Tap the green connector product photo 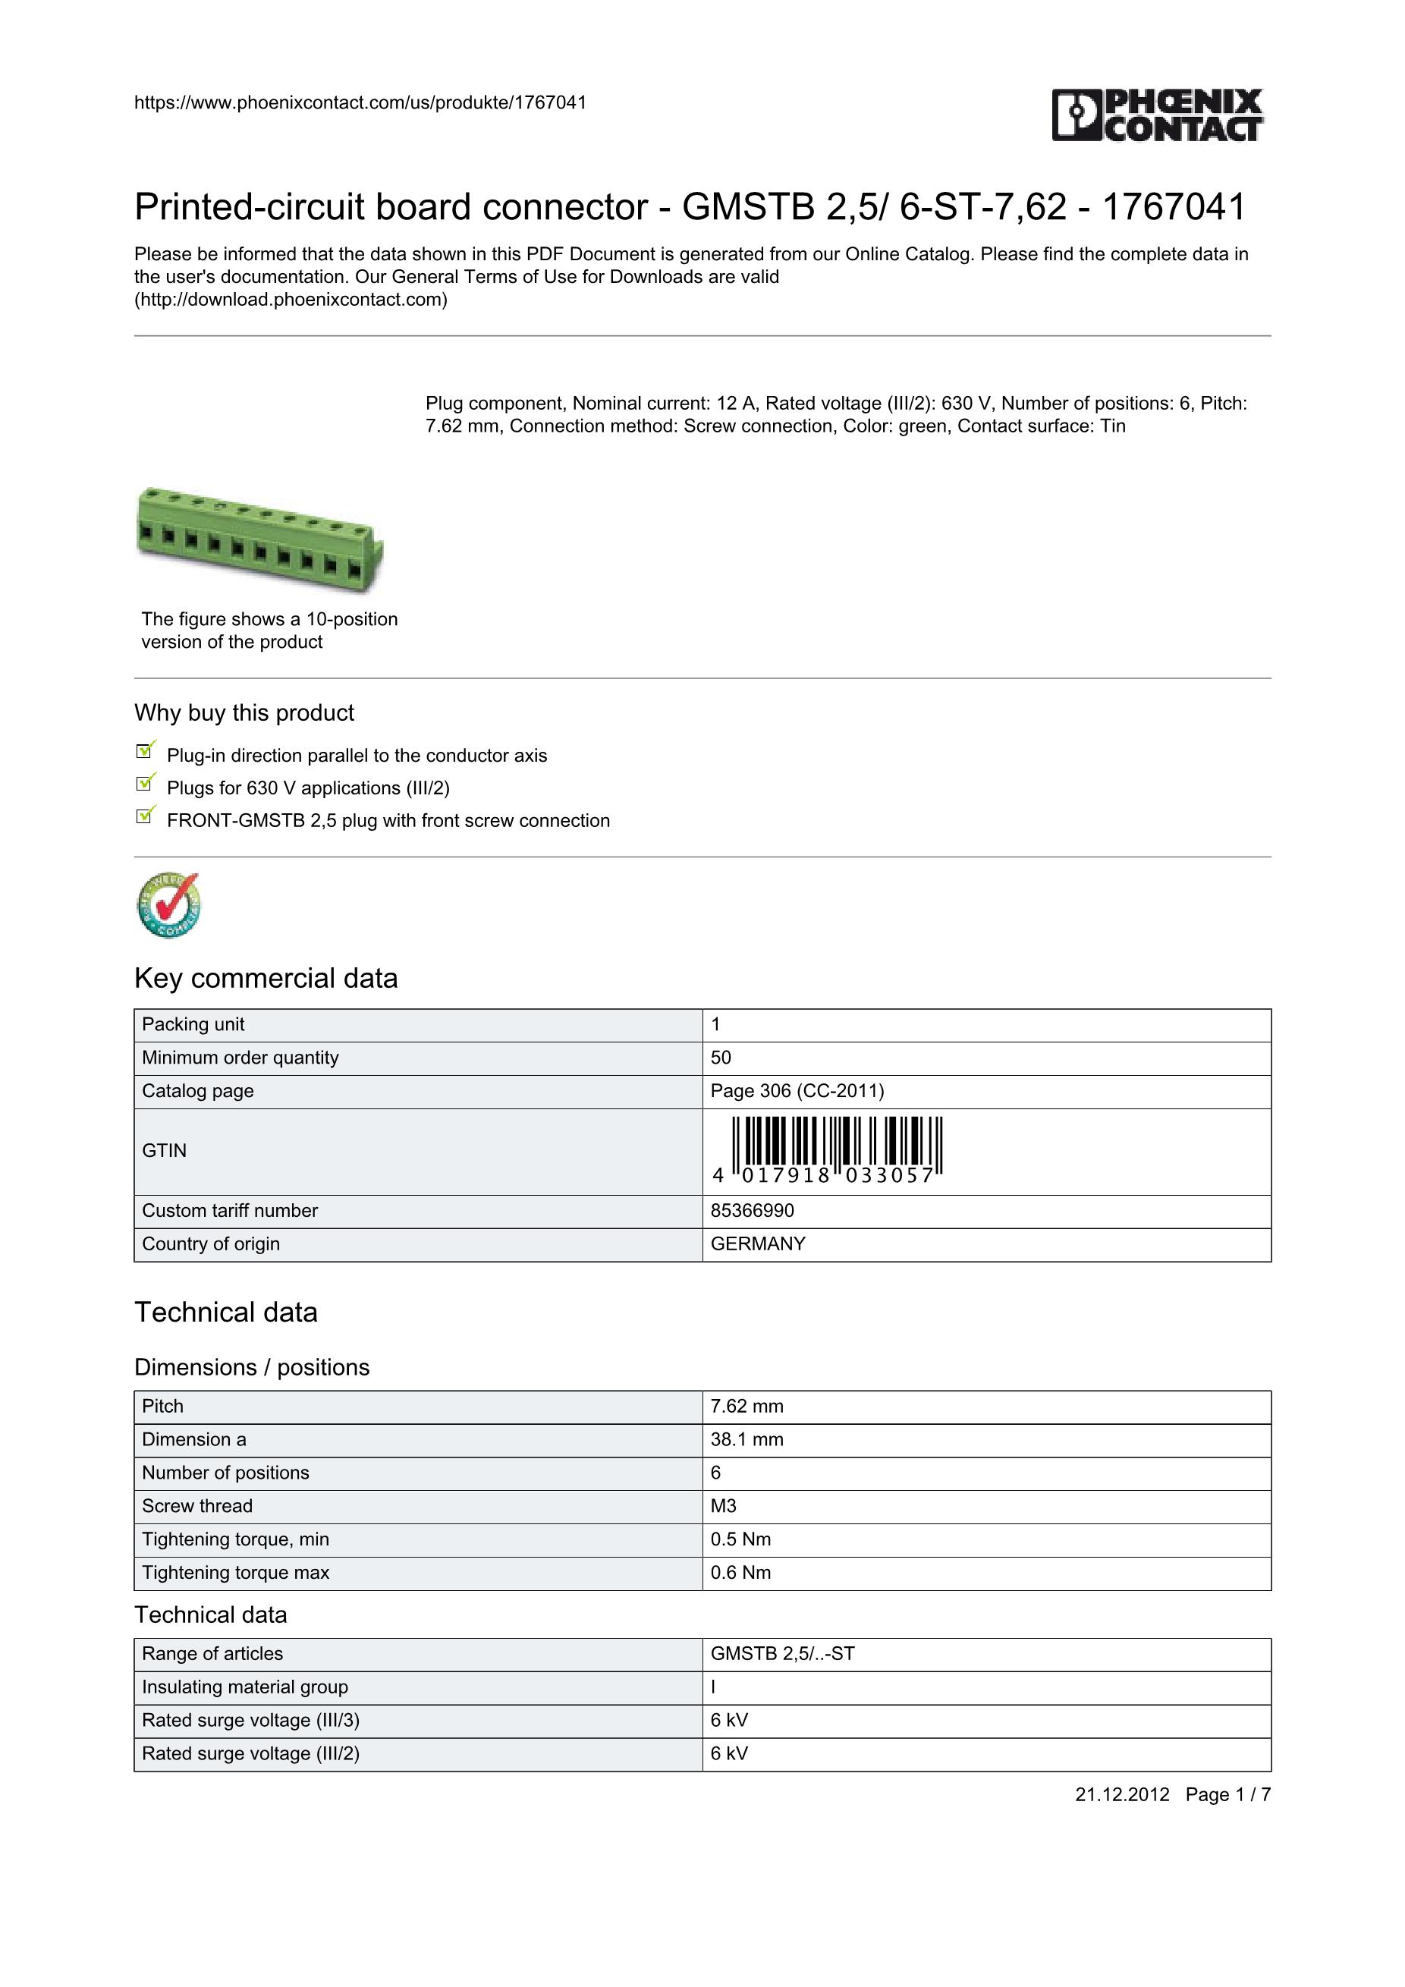click(259, 539)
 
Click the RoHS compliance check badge click(168, 904)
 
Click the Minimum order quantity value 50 click(721, 1058)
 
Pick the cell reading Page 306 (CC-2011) click(797, 1090)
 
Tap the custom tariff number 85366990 click(752, 1211)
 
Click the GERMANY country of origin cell click(758, 1243)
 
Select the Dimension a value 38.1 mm click(747, 1439)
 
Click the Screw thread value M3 click(723, 1506)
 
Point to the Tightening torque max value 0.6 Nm click(740, 1573)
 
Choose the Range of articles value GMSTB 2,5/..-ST click(782, 1654)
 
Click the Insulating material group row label click(245, 1687)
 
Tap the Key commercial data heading click(266, 978)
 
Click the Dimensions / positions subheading click(252, 1367)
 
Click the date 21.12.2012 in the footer click(1122, 1795)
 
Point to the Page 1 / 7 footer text click(1227, 1795)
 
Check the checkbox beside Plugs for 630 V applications click(146, 783)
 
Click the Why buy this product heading click(244, 713)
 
